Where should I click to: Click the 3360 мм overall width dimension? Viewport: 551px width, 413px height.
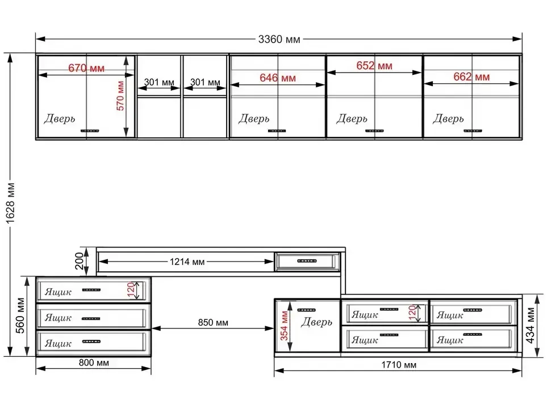coord(279,39)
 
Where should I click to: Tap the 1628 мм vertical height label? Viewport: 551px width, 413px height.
coord(11,203)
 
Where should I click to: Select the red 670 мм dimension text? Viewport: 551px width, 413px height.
coord(86,68)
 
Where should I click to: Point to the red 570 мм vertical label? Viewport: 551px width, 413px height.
coord(120,96)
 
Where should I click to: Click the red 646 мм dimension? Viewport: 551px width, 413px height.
coord(278,78)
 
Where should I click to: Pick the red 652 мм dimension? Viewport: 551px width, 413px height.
coord(374,66)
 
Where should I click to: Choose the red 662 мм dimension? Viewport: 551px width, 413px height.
coord(471,77)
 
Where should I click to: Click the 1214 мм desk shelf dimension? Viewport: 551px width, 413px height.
coord(187,262)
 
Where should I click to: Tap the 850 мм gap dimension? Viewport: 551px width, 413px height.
coord(213,322)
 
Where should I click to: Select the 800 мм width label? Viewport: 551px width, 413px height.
coord(94,363)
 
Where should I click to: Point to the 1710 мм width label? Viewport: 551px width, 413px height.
coord(399,365)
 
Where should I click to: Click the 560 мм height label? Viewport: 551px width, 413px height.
coord(20,315)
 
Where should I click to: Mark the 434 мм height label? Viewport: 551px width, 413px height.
coord(531,325)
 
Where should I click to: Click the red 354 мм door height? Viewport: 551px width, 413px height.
coord(284,326)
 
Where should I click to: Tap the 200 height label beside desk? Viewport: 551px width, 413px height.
coord(80,261)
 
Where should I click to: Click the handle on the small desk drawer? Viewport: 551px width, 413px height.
coord(307,261)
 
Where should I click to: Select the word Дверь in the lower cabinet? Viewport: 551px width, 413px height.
coord(316,322)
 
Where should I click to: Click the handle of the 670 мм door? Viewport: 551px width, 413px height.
coord(90,131)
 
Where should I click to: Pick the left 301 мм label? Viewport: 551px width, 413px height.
coord(159,82)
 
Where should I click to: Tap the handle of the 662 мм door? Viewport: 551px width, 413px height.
coord(473,131)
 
